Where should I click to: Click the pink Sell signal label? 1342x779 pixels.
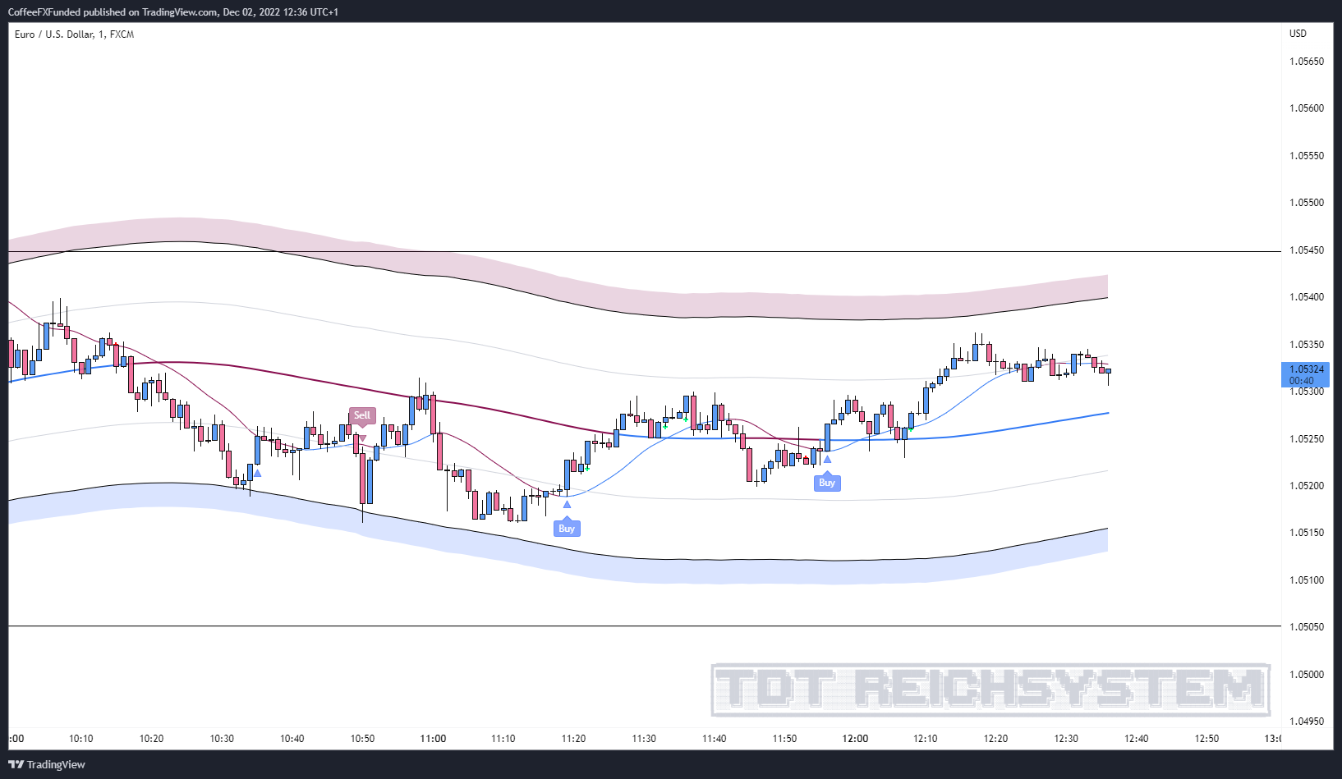click(362, 415)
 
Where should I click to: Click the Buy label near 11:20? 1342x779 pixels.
click(567, 529)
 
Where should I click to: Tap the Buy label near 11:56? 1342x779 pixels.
click(827, 483)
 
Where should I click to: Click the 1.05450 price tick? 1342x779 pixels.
click(1306, 250)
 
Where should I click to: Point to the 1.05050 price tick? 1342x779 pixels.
click(1306, 627)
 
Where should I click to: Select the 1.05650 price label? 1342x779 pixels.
click(1306, 62)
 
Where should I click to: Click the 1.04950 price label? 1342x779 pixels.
click(1306, 722)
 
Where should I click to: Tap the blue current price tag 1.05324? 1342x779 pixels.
click(1306, 374)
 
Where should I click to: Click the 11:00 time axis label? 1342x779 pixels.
click(433, 739)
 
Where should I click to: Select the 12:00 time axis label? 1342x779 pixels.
click(855, 739)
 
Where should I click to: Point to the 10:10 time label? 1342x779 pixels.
click(81, 739)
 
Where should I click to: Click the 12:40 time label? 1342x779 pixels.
click(1137, 739)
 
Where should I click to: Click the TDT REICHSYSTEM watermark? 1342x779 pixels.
click(990, 690)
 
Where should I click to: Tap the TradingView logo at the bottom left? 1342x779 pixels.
click(47, 765)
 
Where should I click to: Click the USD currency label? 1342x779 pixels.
click(1298, 34)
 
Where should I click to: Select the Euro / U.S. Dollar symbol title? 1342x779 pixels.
click(74, 34)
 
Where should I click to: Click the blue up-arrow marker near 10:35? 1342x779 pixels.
click(258, 473)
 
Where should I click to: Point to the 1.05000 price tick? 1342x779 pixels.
click(1306, 675)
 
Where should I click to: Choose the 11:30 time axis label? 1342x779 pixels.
click(644, 739)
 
